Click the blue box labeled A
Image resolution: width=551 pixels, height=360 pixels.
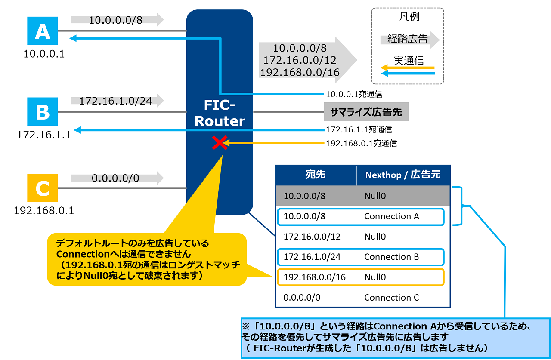pyautogui.click(x=42, y=31)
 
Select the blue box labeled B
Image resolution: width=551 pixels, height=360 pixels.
pyautogui.click(x=42, y=112)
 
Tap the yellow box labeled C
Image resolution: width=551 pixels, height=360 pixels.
pyautogui.click(x=42, y=188)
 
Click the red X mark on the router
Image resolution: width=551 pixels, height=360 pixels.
pyautogui.click(x=220, y=143)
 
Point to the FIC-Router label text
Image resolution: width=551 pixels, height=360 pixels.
pyautogui.click(x=220, y=114)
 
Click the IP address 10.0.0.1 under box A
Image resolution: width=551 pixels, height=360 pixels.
pyautogui.click(x=43, y=54)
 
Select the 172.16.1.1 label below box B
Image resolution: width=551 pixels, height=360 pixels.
pyautogui.click(x=43, y=135)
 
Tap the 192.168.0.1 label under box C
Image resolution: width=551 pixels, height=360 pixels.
pyautogui.click(x=43, y=211)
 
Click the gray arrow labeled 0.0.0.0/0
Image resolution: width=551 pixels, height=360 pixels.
pyautogui.click(x=117, y=178)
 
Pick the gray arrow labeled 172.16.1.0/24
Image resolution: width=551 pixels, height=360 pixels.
pyautogui.click(x=117, y=101)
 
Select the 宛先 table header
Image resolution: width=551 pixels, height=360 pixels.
pyautogui.click(x=315, y=175)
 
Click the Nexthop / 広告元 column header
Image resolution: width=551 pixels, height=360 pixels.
pyautogui.click(x=402, y=175)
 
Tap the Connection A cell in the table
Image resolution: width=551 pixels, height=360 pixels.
pyautogui.click(x=391, y=216)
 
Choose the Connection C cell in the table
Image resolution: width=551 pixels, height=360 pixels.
pyautogui.click(x=391, y=298)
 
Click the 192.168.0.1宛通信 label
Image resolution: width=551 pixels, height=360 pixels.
pyautogui.click(x=361, y=143)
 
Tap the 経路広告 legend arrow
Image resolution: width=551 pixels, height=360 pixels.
pyautogui.click(x=409, y=40)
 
